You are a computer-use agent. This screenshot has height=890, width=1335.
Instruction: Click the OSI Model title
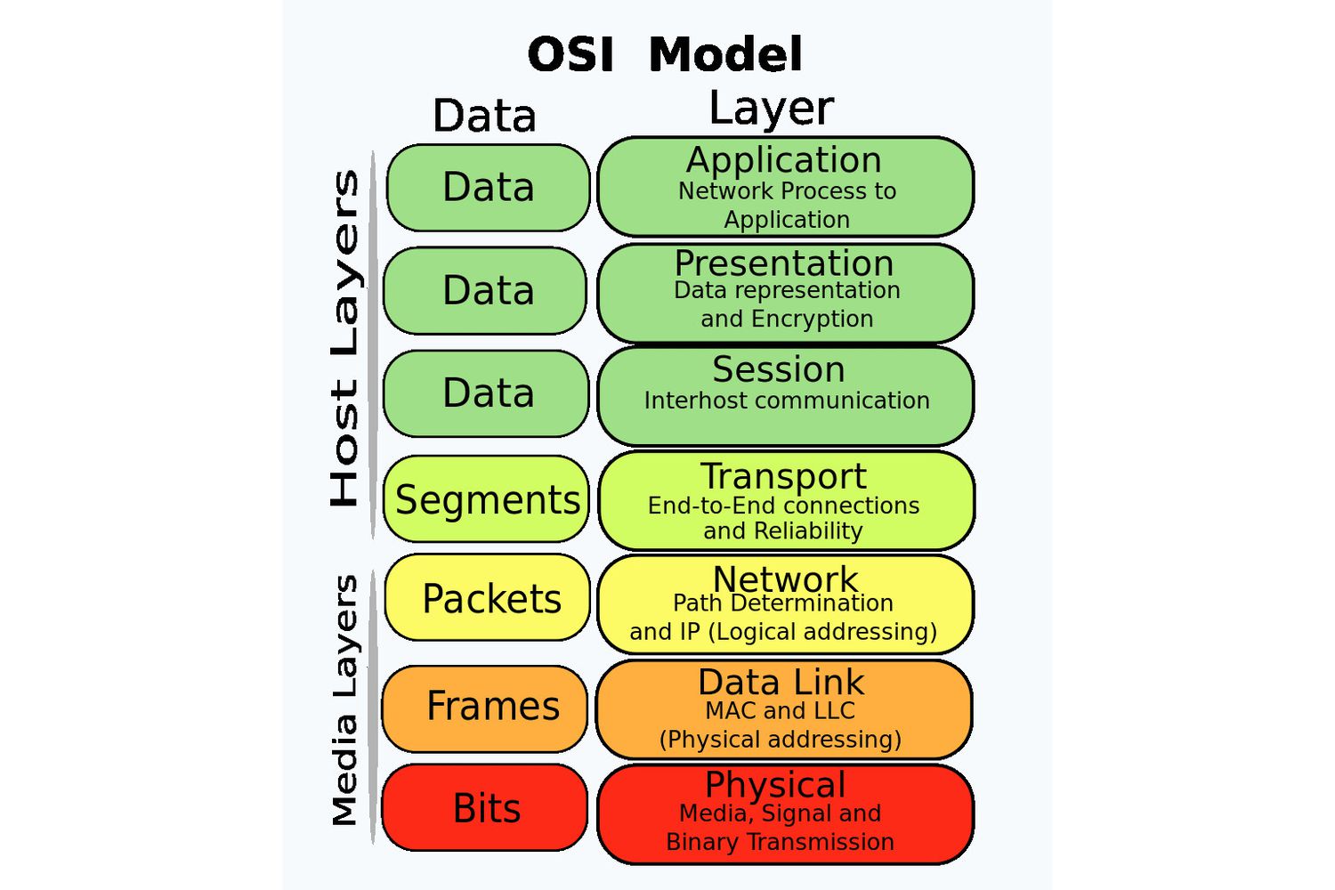(665, 55)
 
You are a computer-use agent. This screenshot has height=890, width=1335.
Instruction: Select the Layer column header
(771, 109)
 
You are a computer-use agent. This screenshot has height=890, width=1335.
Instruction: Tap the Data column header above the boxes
(484, 116)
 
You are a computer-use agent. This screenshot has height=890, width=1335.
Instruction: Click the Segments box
(487, 499)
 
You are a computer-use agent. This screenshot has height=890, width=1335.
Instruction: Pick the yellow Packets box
(488, 598)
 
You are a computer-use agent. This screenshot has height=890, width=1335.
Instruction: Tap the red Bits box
(486, 808)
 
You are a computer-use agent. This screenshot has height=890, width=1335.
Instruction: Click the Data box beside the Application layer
(489, 188)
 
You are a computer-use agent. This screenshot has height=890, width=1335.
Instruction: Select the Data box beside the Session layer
(487, 393)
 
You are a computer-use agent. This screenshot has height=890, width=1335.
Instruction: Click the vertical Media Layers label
(344, 700)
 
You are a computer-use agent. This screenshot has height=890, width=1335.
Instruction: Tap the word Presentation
(783, 263)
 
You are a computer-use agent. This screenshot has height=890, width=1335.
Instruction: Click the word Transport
(783, 476)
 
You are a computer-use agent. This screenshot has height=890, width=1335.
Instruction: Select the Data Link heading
(781, 683)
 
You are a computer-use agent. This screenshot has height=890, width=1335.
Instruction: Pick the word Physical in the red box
(775, 785)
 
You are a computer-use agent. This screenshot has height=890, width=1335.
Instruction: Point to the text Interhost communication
(787, 400)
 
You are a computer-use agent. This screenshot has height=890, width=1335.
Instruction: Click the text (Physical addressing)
(781, 740)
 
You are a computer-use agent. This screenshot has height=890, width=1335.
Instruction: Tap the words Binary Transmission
(780, 842)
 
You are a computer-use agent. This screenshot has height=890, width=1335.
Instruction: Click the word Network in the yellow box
(785, 579)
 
